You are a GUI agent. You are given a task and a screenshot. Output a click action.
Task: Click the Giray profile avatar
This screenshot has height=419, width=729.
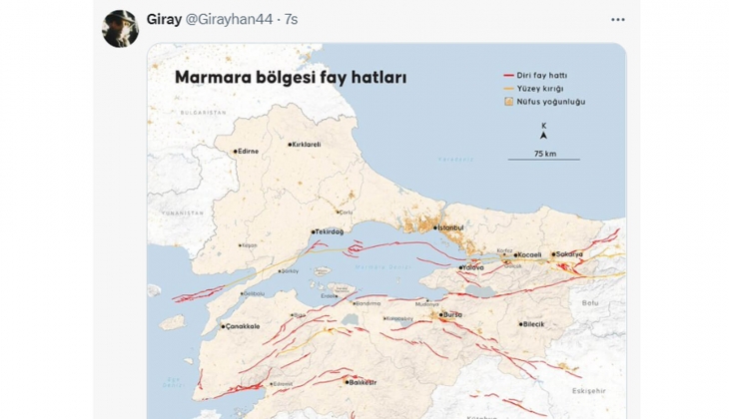[x=120, y=28]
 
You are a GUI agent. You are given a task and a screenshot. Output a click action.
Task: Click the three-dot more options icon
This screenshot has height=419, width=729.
[x=617, y=19]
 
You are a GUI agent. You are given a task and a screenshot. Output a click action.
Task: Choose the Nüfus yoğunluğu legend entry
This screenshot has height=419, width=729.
[x=550, y=101]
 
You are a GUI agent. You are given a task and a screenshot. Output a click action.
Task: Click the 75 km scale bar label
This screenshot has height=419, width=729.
[x=544, y=154]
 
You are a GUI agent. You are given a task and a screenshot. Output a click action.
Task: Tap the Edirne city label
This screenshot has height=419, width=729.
[x=247, y=152]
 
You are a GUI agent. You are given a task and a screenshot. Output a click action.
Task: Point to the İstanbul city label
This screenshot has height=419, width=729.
[x=451, y=227]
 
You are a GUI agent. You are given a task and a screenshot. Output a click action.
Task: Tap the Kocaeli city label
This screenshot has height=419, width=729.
[x=529, y=254]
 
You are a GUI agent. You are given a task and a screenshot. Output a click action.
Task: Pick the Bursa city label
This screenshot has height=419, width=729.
[x=453, y=314]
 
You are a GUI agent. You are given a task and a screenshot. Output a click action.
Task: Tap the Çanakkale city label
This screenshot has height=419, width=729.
[x=243, y=326]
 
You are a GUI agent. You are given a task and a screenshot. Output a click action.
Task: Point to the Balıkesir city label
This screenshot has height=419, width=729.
[x=363, y=382]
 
